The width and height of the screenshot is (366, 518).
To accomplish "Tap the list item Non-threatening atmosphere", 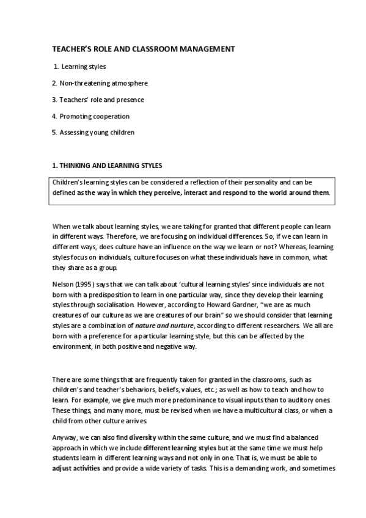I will pyautogui.click(x=103, y=82).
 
